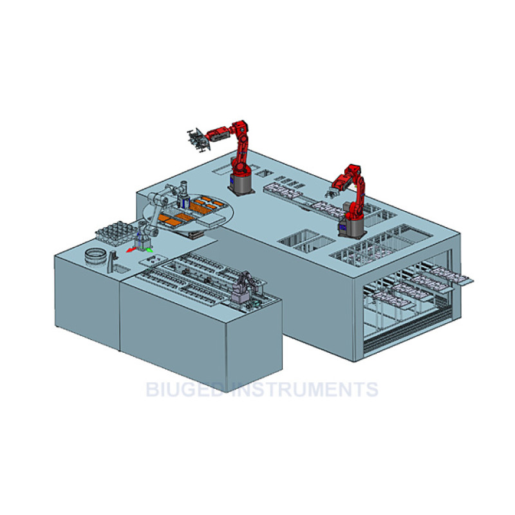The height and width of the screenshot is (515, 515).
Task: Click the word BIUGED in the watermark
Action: [185, 389]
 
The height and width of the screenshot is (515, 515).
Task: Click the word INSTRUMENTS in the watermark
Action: [305, 389]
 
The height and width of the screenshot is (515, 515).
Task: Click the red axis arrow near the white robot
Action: [131, 250]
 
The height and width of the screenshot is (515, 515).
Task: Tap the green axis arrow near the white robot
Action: [149, 250]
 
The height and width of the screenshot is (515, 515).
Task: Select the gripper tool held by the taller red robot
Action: [198, 140]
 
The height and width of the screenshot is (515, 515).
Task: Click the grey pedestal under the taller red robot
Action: [241, 185]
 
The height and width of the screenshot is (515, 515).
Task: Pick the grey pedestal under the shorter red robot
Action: [352, 227]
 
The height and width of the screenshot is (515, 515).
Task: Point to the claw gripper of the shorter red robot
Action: [332, 192]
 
